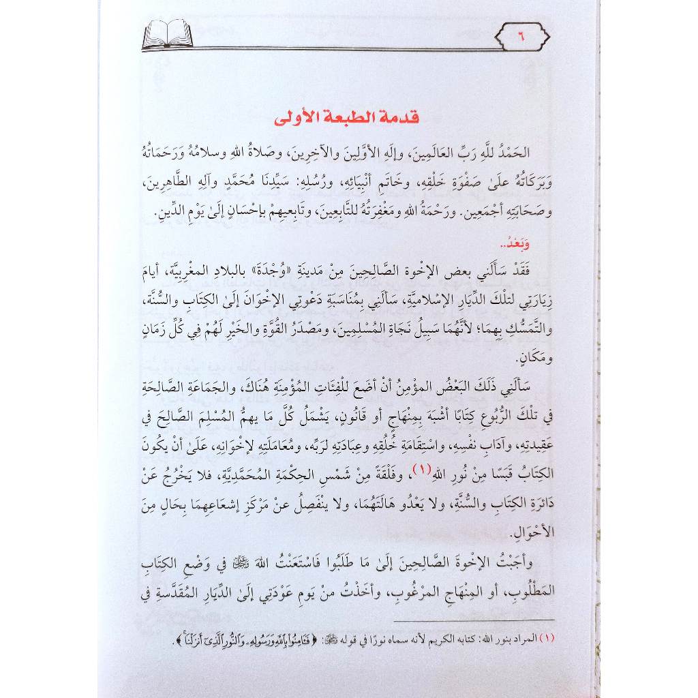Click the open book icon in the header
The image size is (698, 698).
[168, 35]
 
